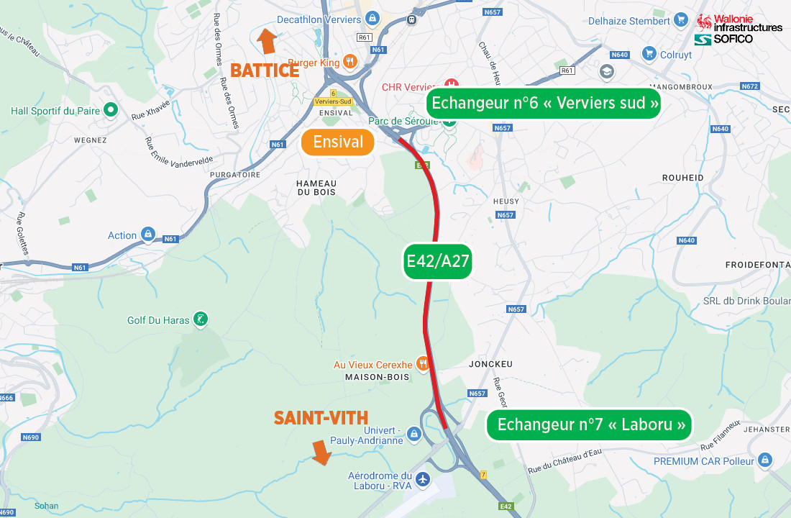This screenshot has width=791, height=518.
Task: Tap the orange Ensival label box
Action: tap(338, 142)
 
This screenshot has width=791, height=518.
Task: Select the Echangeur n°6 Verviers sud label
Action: tap(544, 104)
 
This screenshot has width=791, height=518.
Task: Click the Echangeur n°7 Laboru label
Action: tap(590, 424)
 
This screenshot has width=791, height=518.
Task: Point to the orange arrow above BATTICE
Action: tap(268, 41)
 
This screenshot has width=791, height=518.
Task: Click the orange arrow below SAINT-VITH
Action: tap(321, 452)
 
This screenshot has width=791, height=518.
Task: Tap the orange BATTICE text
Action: tap(265, 71)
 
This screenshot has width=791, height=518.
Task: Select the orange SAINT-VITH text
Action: tap(321, 418)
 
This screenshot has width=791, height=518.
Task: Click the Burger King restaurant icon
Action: tap(350, 62)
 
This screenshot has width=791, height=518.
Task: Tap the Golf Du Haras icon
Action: tap(201, 320)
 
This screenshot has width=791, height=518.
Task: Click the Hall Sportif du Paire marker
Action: tap(111, 110)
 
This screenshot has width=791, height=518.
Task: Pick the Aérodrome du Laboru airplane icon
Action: tap(422, 478)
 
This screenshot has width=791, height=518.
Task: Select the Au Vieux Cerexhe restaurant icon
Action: tap(423, 364)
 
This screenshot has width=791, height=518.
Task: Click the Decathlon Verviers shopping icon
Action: tap(372, 19)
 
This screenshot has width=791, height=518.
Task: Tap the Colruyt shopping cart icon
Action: tap(649, 54)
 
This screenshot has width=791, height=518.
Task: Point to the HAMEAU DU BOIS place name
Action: tap(316, 188)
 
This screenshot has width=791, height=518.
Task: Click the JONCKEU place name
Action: tap(490, 364)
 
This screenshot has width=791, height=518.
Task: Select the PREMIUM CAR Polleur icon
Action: tap(764, 460)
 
